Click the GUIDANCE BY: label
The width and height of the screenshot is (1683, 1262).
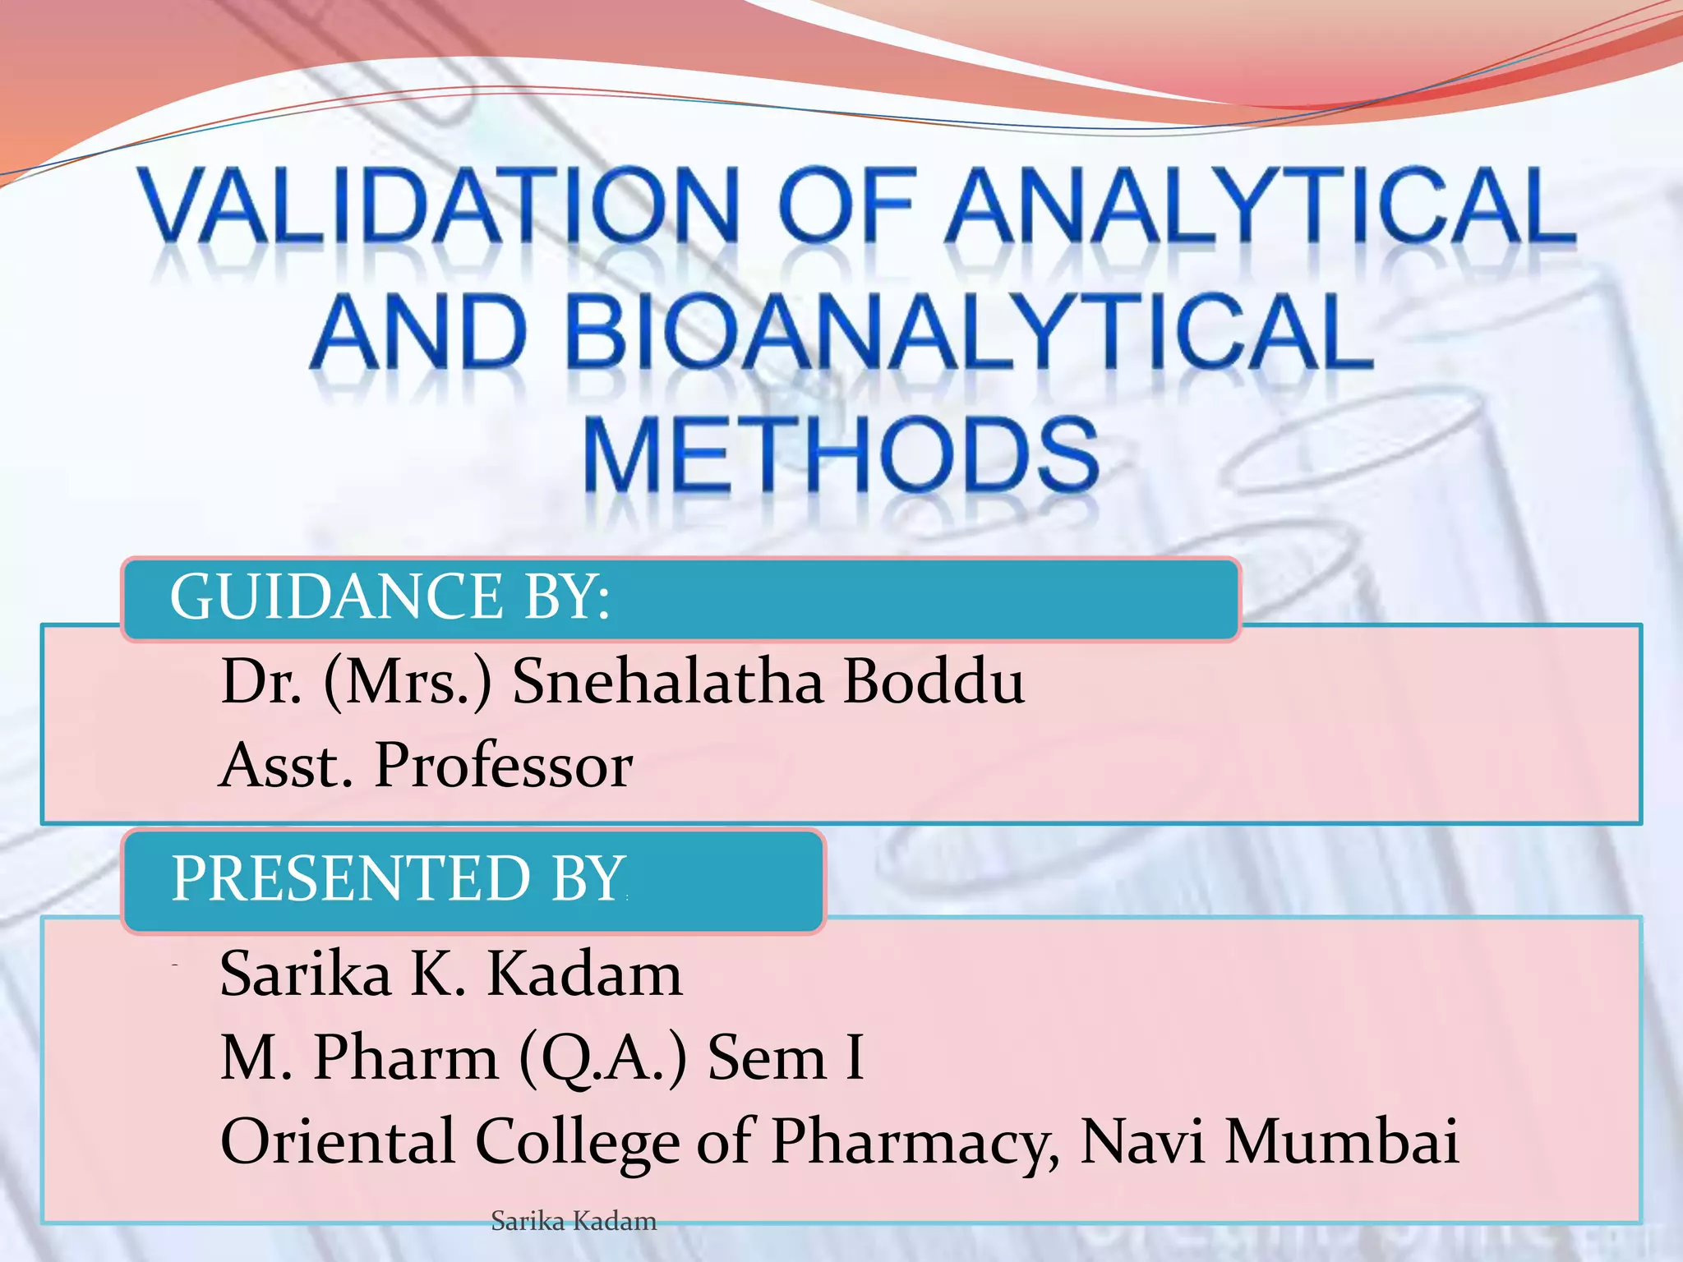click(x=390, y=596)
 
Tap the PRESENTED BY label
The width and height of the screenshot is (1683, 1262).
click(x=398, y=878)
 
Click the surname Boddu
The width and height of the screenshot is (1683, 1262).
click(x=934, y=682)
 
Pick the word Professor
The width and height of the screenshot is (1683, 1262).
click(x=504, y=766)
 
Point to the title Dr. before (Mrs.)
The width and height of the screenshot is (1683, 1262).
click(x=261, y=682)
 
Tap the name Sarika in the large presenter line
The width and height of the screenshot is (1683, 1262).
click(x=305, y=974)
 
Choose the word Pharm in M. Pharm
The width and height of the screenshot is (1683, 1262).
click(x=406, y=1057)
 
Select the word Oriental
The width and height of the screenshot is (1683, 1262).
click(x=338, y=1141)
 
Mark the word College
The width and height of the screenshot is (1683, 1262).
click(x=578, y=1143)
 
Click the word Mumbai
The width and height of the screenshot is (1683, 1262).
click(x=1341, y=1141)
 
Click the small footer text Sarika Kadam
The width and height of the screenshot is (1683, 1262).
click(x=574, y=1222)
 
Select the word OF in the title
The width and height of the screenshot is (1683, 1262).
click(x=846, y=205)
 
